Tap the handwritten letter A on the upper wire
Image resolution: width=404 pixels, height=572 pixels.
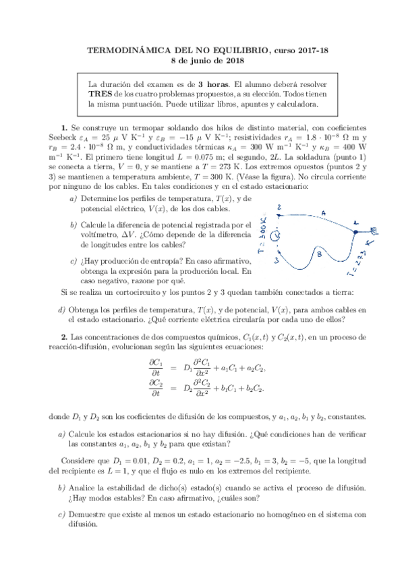323,213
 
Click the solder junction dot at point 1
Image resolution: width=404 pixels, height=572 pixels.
356,230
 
